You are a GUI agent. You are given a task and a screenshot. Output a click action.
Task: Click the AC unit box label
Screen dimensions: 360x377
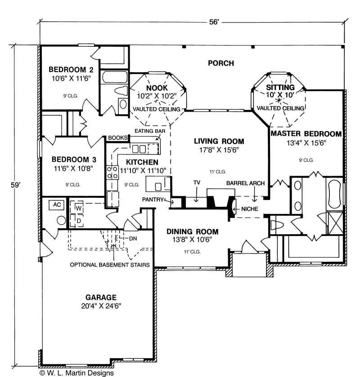tap(57, 205)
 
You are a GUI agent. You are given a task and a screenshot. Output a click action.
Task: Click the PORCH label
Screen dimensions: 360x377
tap(221, 63)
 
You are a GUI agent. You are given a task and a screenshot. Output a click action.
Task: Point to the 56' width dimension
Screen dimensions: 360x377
tap(214, 22)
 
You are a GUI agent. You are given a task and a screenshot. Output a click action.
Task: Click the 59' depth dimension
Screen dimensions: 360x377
tap(16, 185)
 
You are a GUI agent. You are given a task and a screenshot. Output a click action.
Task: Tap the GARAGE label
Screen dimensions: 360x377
tap(101, 297)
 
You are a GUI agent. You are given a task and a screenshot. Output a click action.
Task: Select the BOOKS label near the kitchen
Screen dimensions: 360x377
tap(118, 138)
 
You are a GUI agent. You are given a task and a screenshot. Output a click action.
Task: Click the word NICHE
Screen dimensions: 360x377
tap(250, 209)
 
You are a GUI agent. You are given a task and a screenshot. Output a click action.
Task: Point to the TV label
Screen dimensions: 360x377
tap(197, 183)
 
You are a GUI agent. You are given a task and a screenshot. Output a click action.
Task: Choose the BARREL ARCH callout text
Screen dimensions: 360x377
tap(245, 183)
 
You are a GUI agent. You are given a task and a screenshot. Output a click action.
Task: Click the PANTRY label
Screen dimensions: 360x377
tap(153, 200)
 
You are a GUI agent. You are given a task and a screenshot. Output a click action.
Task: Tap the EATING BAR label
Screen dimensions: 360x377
tap(150, 131)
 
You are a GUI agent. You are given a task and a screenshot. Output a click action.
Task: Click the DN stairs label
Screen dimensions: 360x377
tap(133, 239)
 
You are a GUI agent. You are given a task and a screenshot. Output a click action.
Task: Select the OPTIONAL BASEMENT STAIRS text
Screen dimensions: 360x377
tap(110, 265)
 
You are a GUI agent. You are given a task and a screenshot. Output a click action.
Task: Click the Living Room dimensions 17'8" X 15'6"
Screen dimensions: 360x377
tap(219, 150)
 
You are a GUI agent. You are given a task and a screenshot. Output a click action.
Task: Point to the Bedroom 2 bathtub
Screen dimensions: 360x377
tap(115, 77)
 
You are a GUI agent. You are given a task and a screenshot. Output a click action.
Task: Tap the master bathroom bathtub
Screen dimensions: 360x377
tap(334, 194)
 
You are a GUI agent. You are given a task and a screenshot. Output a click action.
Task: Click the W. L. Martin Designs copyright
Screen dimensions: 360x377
tap(76, 373)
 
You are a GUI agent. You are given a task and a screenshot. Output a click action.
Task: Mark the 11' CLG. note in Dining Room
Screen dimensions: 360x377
tap(192, 252)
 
